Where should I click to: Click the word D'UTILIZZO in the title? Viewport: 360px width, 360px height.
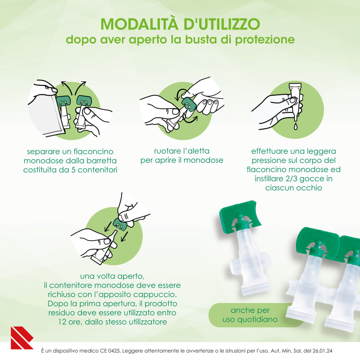pyautogui.click(x=222, y=24)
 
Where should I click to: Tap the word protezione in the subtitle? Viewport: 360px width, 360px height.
pyautogui.click(x=265, y=40)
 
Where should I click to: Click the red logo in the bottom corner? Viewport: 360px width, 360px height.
pyautogui.click(x=22, y=338)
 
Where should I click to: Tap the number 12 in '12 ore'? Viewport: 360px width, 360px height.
pyautogui.click(x=62, y=322)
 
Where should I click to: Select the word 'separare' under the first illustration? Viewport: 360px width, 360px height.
pyautogui.click(x=41, y=152)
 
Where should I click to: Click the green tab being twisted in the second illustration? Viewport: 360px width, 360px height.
pyautogui.click(x=188, y=105)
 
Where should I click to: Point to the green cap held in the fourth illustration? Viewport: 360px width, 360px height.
pyautogui.click(x=120, y=224)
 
